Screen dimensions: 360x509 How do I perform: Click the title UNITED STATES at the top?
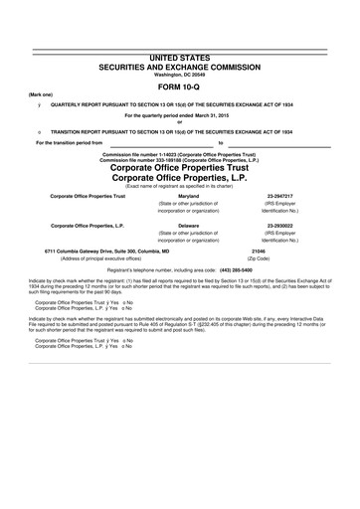[x=180, y=61]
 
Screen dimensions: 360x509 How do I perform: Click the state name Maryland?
[x=188, y=197]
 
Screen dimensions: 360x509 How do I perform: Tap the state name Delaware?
[x=188, y=226]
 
